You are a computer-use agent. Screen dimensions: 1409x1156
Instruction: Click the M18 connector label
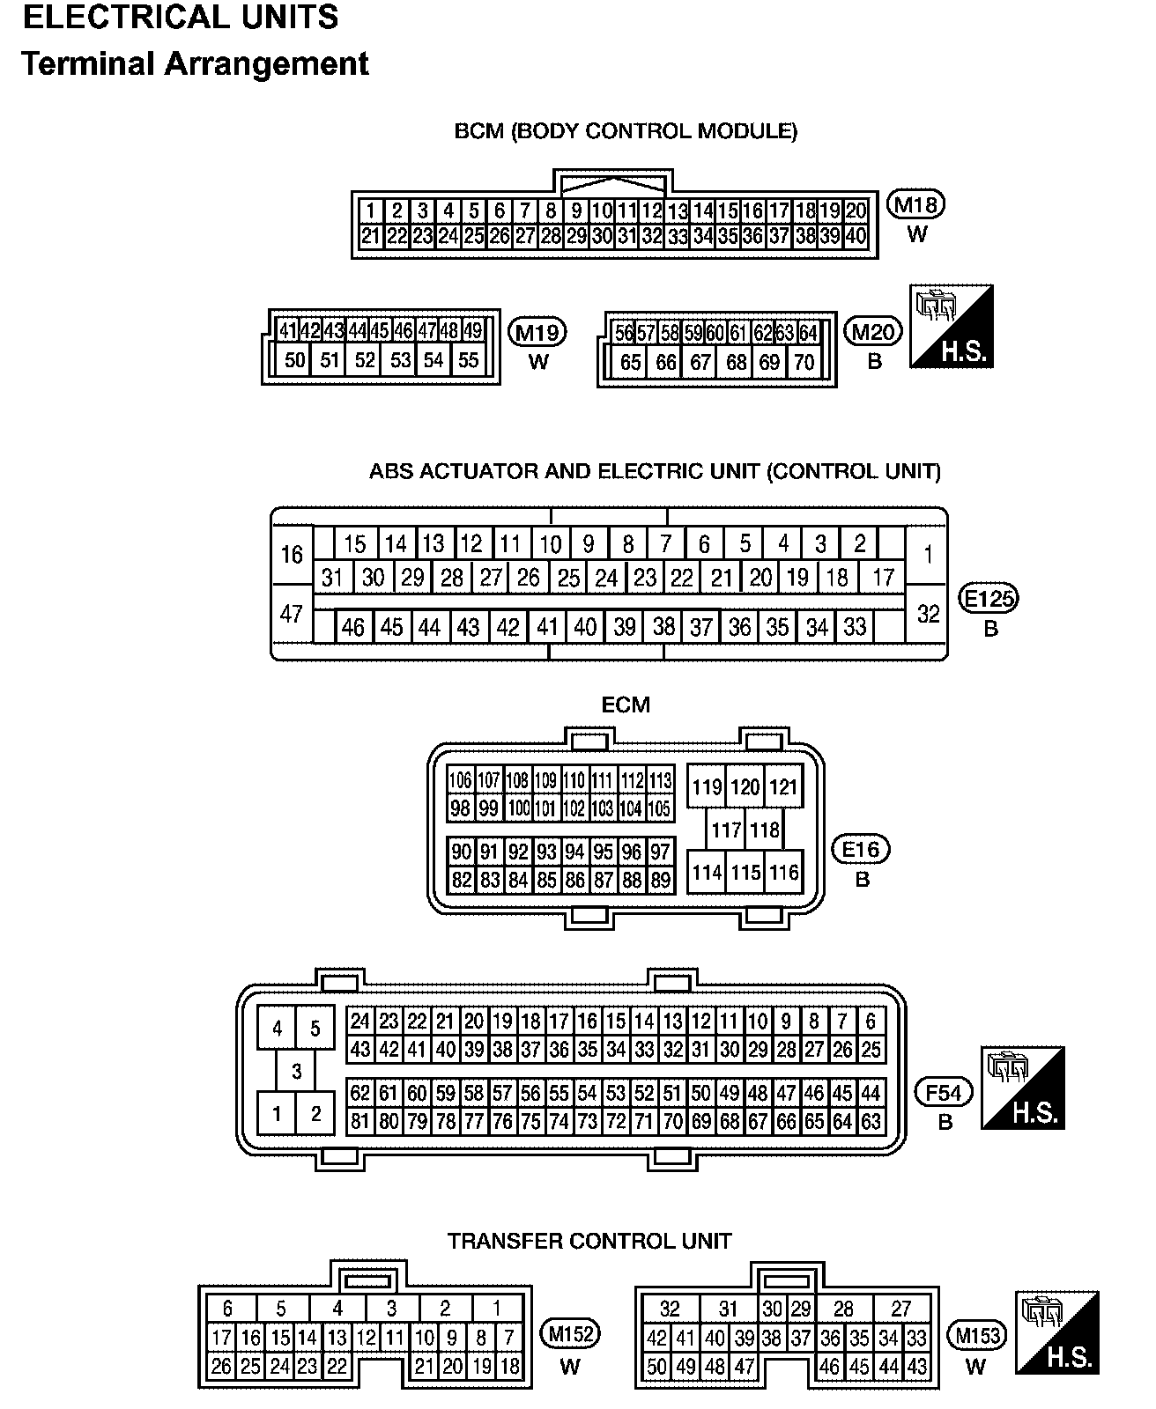(916, 205)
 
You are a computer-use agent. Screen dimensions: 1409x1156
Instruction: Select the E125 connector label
(989, 599)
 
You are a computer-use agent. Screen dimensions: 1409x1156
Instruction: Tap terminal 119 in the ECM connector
(707, 786)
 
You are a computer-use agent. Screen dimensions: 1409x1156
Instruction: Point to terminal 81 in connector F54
(360, 1122)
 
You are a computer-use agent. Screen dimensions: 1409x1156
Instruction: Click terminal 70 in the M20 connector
(804, 362)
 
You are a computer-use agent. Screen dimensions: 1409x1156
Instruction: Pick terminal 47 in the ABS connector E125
(292, 613)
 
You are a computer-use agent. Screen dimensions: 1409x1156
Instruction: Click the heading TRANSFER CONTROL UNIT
(589, 1241)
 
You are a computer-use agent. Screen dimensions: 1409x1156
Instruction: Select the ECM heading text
(626, 704)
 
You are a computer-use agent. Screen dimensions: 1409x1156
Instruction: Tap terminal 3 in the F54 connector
(296, 1071)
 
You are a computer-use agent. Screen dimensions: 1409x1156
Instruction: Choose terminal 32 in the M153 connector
(670, 1309)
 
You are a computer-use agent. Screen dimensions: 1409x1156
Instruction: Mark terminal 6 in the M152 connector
(227, 1309)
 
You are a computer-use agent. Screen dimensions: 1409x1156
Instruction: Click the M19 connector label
(537, 332)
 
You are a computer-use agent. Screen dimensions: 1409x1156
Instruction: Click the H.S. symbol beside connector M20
(952, 326)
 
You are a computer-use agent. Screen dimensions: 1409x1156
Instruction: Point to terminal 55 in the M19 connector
(469, 359)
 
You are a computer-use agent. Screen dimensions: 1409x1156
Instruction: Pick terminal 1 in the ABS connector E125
(928, 555)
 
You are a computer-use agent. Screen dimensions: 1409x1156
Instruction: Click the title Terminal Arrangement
(195, 64)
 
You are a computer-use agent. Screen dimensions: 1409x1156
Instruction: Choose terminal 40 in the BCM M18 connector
(855, 236)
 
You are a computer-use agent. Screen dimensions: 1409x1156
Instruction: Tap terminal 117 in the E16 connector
(726, 830)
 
